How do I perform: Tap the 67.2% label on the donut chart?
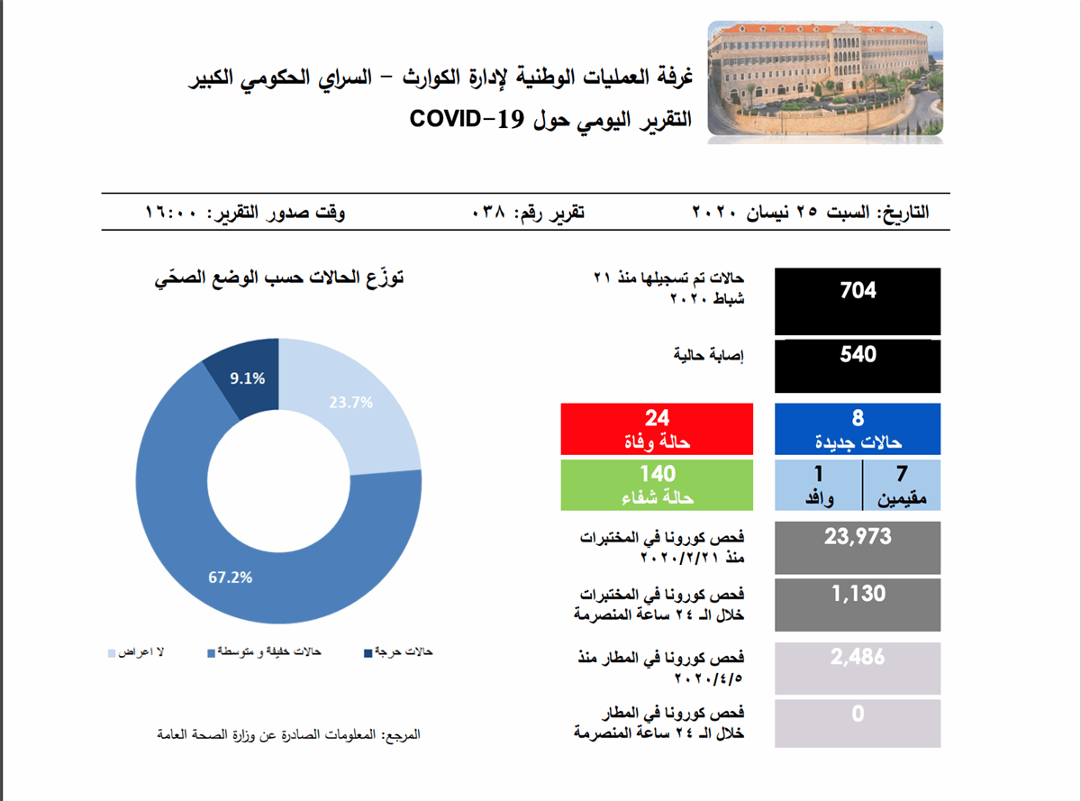230,578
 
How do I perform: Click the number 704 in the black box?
858,290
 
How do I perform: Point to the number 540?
858,354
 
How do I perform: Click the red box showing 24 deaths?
657,429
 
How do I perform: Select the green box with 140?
657,485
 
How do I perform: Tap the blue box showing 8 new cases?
858,429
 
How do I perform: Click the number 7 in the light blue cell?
902,473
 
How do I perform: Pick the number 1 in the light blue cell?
818,473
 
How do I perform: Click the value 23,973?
858,537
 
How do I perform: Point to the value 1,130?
858,594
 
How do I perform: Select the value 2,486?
858,657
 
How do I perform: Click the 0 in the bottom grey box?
858,714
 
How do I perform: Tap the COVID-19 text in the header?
467,118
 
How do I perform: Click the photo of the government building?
825,78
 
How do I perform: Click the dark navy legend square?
368,653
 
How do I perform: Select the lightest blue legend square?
112,653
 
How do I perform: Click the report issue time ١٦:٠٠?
171,213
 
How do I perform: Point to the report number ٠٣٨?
488,213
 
